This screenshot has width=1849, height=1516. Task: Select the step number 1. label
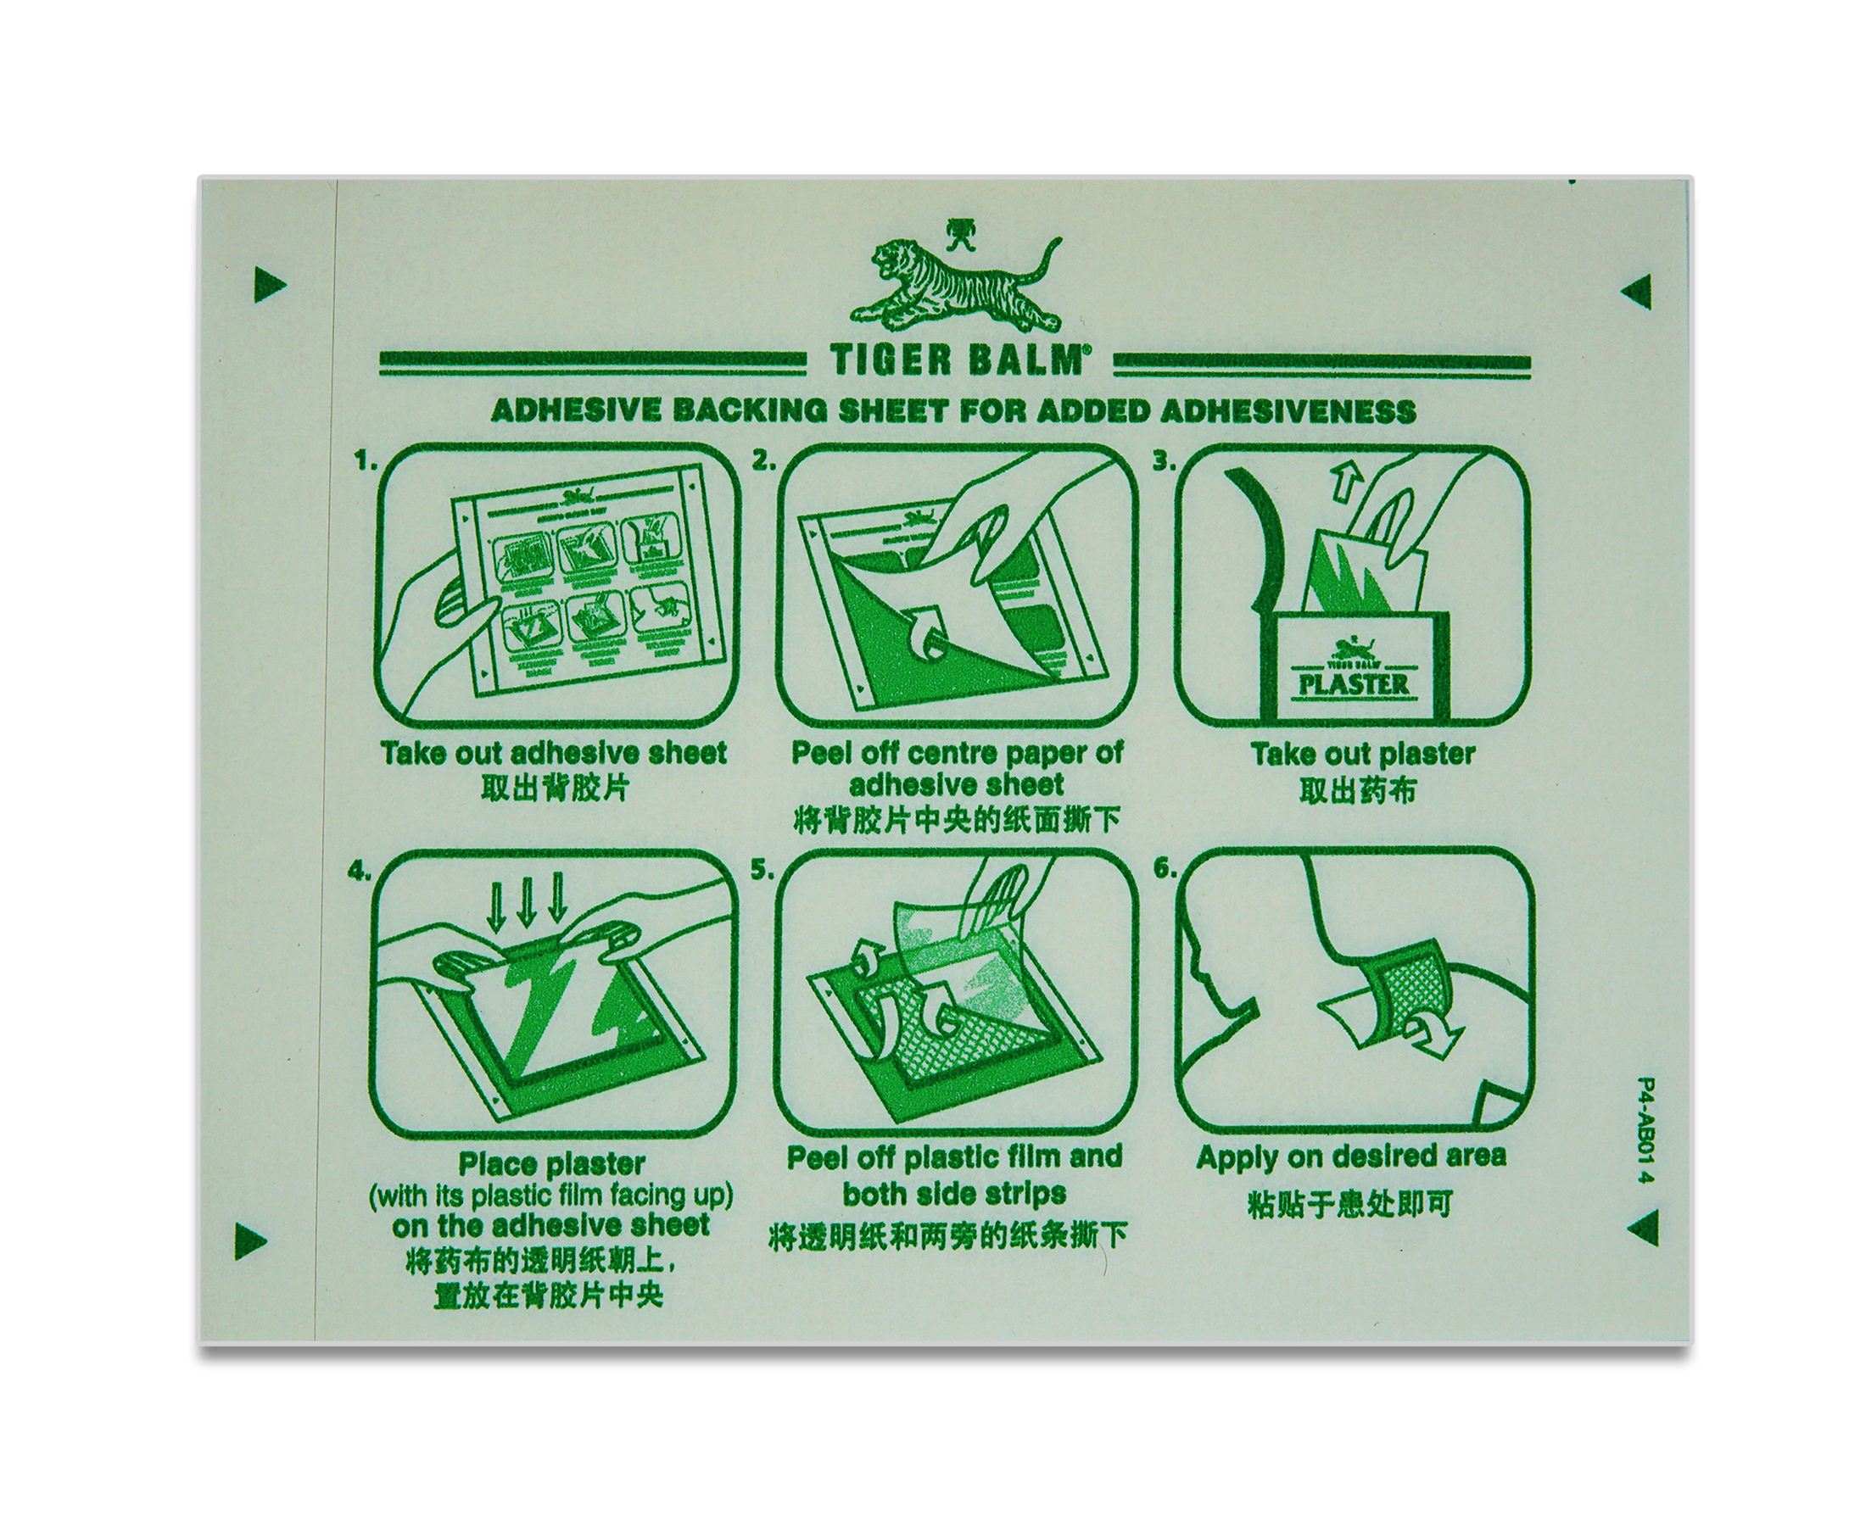coord(365,462)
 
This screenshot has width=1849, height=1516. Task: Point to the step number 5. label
coord(762,871)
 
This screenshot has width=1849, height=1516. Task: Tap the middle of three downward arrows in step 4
coord(526,907)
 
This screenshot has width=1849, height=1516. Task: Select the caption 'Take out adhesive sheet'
coord(553,753)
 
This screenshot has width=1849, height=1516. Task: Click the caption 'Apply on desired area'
coord(1350,1157)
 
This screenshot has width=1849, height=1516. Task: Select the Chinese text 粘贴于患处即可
coord(1349,1205)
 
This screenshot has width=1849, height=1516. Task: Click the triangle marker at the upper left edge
coord(269,285)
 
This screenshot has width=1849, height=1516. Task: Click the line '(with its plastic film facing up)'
coord(551,1196)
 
